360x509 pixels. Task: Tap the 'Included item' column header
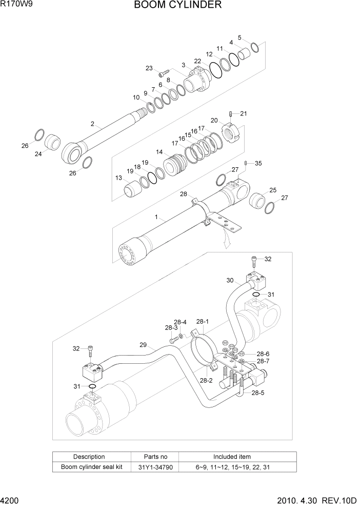pos(232,457)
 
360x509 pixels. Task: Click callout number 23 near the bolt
pos(149,68)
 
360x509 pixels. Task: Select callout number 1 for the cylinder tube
pos(156,218)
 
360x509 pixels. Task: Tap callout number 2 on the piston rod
pos(93,124)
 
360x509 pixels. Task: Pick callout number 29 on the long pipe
pos(144,345)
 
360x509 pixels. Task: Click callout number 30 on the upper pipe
pos(230,280)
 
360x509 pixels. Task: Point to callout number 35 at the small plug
pos(258,163)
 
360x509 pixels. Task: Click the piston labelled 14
pos(172,164)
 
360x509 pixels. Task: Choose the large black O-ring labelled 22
pos(215,71)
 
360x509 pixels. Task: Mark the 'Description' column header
pos(89,457)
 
